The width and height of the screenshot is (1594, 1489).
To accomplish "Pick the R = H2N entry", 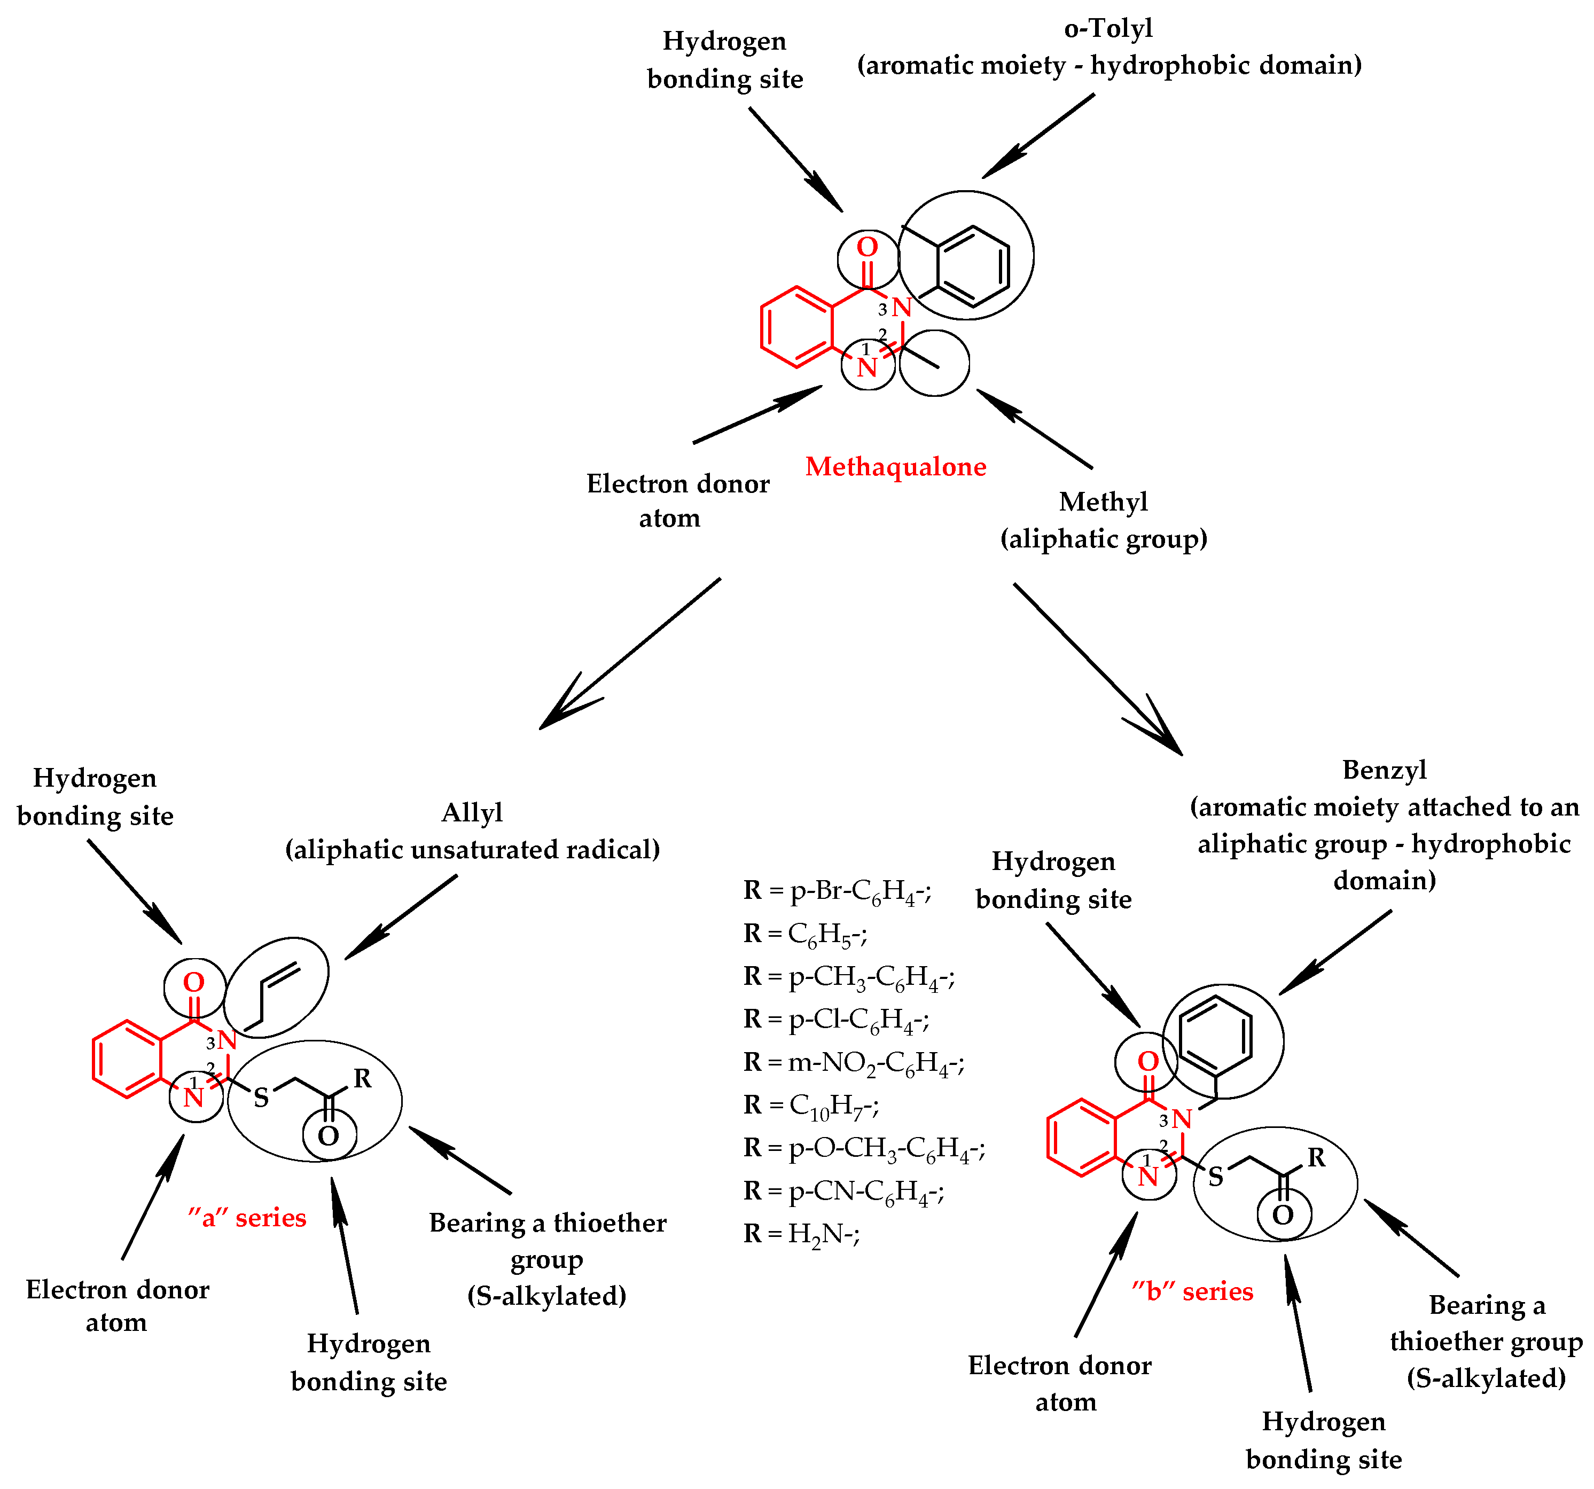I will tap(802, 1233).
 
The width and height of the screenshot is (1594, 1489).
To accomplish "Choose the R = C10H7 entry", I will tap(811, 1105).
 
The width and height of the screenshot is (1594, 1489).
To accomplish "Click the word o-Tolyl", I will tap(1108, 28).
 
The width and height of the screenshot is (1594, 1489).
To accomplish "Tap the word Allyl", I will tap(472, 812).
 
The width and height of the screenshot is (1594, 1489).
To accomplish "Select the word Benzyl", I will tap(1384, 770).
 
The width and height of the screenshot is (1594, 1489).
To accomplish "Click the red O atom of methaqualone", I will tap(867, 247).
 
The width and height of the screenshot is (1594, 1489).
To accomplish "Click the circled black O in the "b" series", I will tap(1283, 1215).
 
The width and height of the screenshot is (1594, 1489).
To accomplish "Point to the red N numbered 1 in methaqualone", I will tap(867, 367).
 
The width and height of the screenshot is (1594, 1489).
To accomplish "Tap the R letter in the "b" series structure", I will tap(1317, 1157).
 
